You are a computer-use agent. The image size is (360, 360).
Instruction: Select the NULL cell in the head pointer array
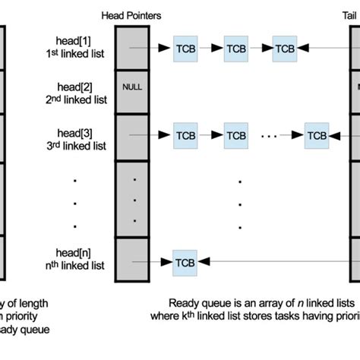point(132,87)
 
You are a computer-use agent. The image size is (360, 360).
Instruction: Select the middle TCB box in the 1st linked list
point(235,48)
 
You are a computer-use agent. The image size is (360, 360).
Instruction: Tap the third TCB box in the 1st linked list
point(285,48)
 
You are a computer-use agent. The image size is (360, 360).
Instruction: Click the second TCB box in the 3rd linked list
point(235,136)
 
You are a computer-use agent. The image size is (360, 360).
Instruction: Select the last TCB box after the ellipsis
point(317,136)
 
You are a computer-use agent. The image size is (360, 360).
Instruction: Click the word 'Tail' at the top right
point(351,15)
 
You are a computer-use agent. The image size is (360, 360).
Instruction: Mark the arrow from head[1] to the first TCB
point(152,48)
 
